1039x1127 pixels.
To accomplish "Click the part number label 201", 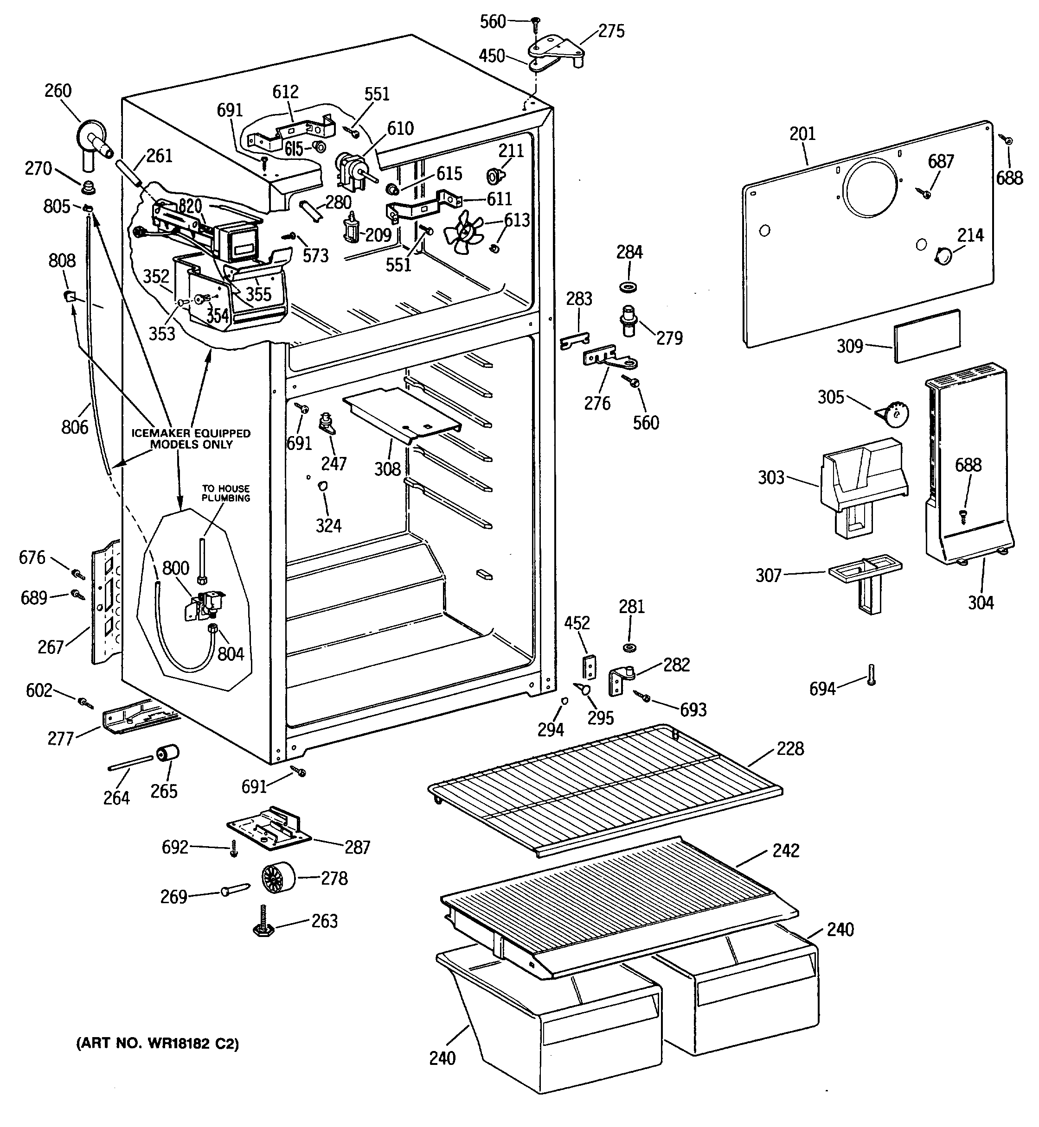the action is tap(802, 134).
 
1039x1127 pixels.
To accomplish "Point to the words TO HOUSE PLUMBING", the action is tap(226, 493).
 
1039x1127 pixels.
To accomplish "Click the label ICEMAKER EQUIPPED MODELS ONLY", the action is tap(191, 439).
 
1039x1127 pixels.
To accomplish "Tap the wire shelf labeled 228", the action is tap(605, 791).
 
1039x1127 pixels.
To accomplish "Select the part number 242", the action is tap(785, 851).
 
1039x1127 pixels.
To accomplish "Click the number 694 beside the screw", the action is tap(822, 688).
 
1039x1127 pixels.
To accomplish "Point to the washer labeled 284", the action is tap(628, 288).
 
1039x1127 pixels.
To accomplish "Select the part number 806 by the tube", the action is tap(75, 427).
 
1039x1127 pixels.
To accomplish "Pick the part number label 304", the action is tap(981, 603).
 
